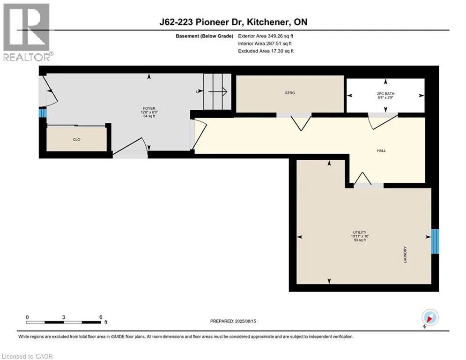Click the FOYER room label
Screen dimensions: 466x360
[x=149, y=109]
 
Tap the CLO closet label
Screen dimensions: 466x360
[x=77, y=140]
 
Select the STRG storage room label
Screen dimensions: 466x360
[x=290, y=93]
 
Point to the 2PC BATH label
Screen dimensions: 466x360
[x=385, y=94]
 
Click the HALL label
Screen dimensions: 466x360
[x=381, y=150]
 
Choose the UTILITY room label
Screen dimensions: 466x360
[x=360, y=232]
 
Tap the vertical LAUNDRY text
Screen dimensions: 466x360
[x=405, y=255]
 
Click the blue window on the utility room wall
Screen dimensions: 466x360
[x=435, y=241]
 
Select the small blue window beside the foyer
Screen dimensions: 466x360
[x=43, y=113]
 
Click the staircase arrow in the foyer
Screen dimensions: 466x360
[x=218, y=91]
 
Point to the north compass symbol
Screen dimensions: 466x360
[x=430, y=317]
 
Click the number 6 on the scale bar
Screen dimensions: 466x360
[x=101, y=317]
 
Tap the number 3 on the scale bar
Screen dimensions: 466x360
[x=64, y=317]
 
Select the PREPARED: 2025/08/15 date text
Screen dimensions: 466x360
[x=233, y=321]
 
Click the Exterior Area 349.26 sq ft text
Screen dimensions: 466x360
[x=266, y=36]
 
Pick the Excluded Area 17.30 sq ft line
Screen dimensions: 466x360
[x=266, y=51]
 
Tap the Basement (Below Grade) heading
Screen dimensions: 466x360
[x=205, y=36]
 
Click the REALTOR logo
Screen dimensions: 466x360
[x=27, y=32]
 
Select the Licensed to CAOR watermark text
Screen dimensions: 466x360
[x=27, y=356]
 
